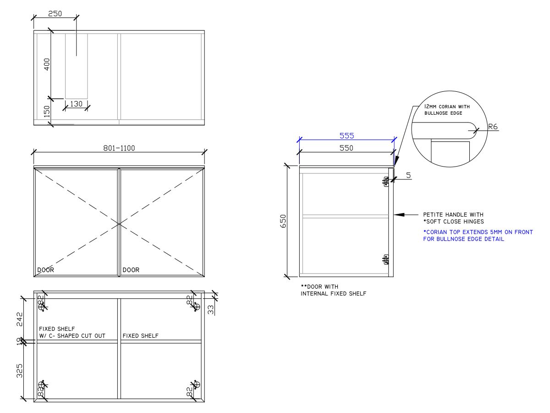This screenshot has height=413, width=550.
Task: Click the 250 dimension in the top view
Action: point(55,14)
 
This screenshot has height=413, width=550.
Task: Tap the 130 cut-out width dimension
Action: point(76,104)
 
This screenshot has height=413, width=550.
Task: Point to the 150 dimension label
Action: point(47,112)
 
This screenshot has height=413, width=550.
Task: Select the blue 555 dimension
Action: point(347,136)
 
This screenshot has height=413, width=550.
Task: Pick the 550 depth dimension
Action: point(347,149)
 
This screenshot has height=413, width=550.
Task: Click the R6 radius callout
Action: point(493,127)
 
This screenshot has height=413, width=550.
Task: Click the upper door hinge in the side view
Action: point(386,182)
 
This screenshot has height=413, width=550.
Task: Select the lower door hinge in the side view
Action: point(386,260)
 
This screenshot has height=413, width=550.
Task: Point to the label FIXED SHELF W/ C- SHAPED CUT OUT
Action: point(72,332)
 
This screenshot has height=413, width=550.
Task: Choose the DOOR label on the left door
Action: point(45,270)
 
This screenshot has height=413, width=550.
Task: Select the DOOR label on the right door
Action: point(131,270)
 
